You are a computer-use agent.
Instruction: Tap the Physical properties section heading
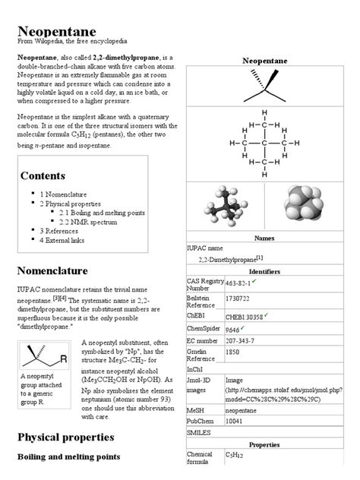pyautogui.click(x=65, y=437)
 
